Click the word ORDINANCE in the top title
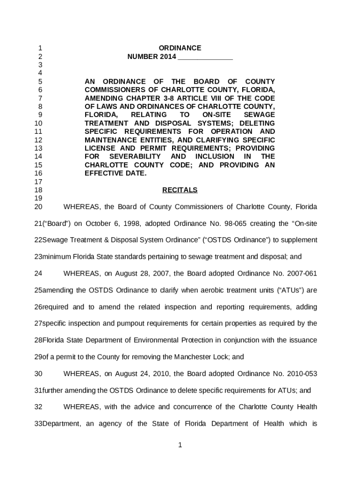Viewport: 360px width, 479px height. pos(180,48)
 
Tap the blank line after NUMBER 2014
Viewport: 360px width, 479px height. pos(205,57)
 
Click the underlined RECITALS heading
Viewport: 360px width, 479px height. pos(180,190)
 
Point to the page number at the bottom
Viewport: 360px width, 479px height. pos(180,445)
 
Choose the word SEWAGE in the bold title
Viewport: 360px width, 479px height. pos(259,115)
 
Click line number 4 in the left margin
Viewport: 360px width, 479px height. pos(40,73)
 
